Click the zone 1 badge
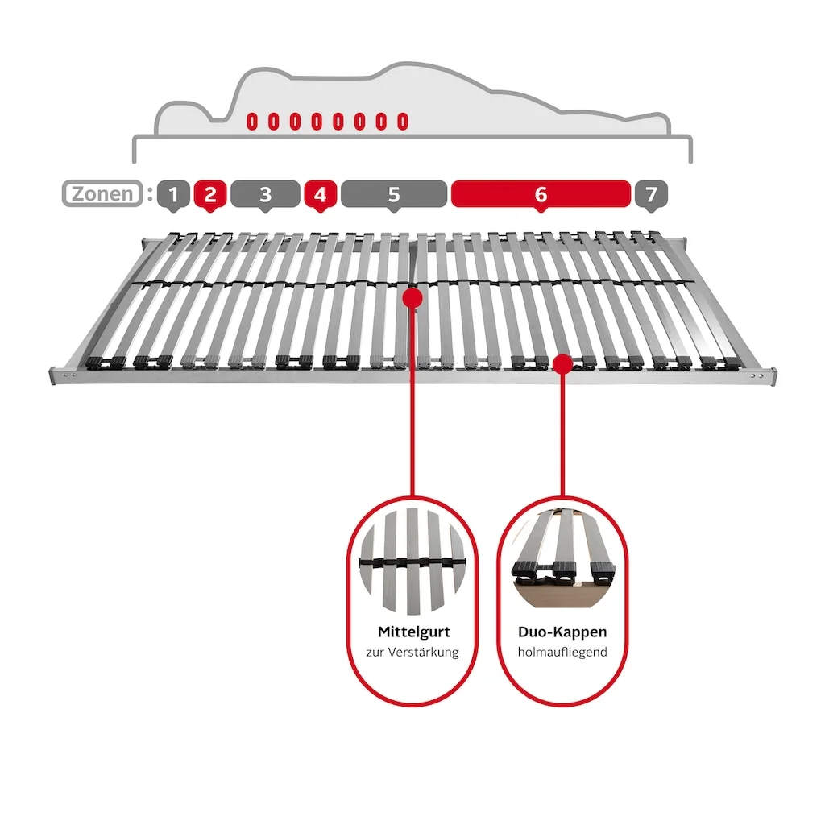coord(173,194)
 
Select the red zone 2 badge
coord(210,194)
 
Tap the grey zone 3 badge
coord(265,194)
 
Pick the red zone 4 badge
coord(320,194)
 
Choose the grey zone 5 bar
coord(393,194)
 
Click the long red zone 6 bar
coord(541,194)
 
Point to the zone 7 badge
coord(651,194)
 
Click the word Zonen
coord(102,193)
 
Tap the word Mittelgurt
coord(413,632)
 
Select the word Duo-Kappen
coord(562,632)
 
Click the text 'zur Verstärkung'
coord(412,652)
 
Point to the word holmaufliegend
coord(562,652)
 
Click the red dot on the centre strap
coord(412,298)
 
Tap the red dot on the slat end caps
coord(563,364)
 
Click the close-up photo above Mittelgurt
coord(412,561)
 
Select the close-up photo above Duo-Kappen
coord(562,559)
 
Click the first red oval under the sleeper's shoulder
coord(252,122)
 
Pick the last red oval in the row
coord(403,122)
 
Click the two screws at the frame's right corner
coord(756,376)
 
